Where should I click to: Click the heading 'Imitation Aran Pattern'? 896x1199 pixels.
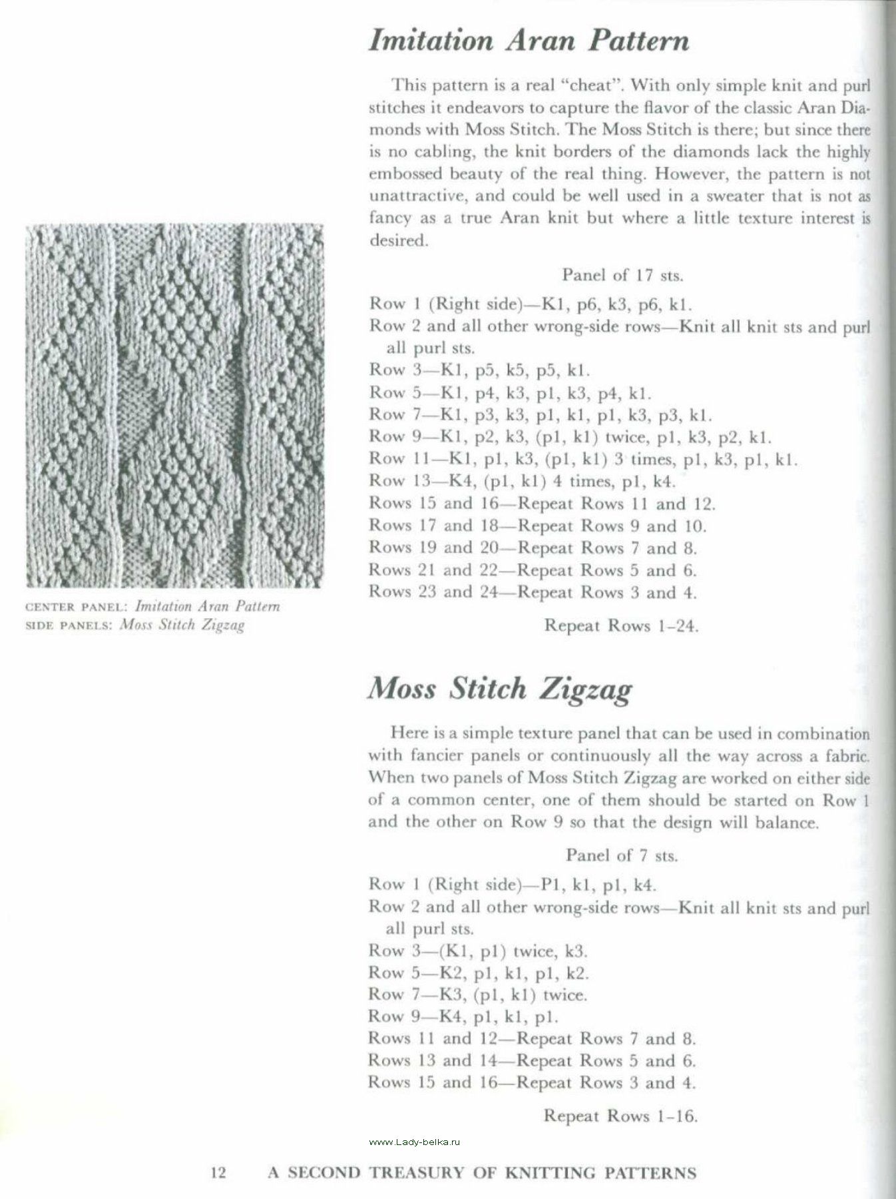point(529,41)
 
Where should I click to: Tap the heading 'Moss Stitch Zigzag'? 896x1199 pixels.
point(499,689)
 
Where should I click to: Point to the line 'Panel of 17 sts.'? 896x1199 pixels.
point(622,274)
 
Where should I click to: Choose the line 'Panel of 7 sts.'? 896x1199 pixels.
point(621,855)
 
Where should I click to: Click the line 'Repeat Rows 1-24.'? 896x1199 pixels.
point(621,625)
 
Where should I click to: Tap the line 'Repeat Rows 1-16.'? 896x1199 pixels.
point(620,1115)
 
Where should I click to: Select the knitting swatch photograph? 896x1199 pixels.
point(174,406)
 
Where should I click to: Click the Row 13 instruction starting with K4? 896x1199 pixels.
point(523,481)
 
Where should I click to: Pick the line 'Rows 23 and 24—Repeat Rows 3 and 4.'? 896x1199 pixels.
point(533,592)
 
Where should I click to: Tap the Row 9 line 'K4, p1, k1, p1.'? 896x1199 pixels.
point(463,1017)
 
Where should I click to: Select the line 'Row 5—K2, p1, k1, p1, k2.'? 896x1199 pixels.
point(479,973)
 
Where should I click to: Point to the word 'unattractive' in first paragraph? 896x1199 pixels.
point(410,196)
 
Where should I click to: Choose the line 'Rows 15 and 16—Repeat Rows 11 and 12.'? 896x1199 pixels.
point(542,504)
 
